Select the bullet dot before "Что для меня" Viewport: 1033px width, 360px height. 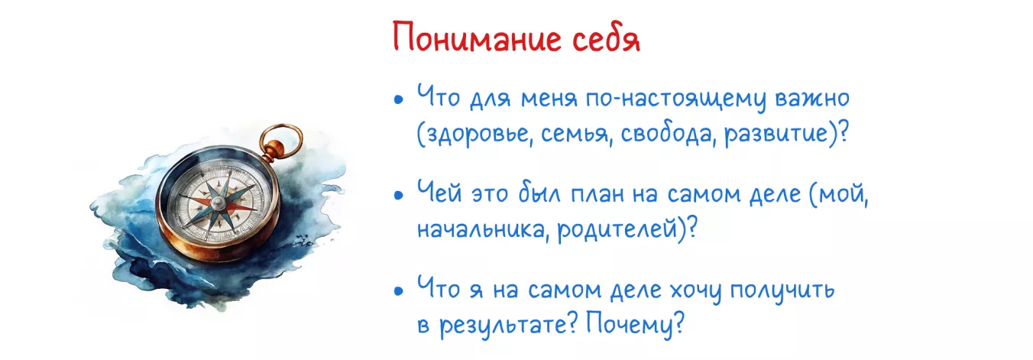(398, 101)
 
